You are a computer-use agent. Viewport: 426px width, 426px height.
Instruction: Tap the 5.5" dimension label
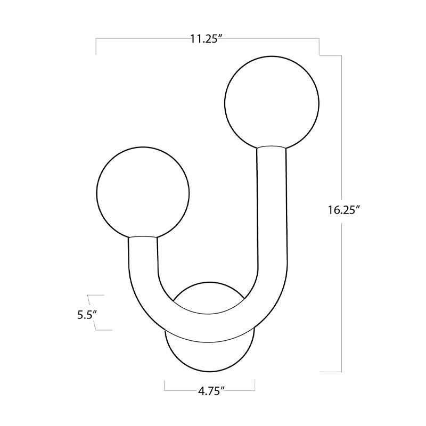(x=85, y=314)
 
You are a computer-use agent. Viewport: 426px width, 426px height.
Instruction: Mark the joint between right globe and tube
(x=272, y=148)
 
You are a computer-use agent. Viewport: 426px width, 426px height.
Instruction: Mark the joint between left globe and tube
(x=143, y=237)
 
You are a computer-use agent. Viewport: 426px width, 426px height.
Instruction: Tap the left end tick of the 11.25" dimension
(x=96, y=47)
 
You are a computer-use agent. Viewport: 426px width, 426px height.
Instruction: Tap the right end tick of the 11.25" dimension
(x=319, y=47)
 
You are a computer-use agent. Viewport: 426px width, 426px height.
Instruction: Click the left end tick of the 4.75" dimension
(x=165, y=384)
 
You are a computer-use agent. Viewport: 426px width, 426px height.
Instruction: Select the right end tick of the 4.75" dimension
(x=254, y=384)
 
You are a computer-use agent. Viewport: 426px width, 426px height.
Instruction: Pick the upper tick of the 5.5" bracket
(x=94, y=294)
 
